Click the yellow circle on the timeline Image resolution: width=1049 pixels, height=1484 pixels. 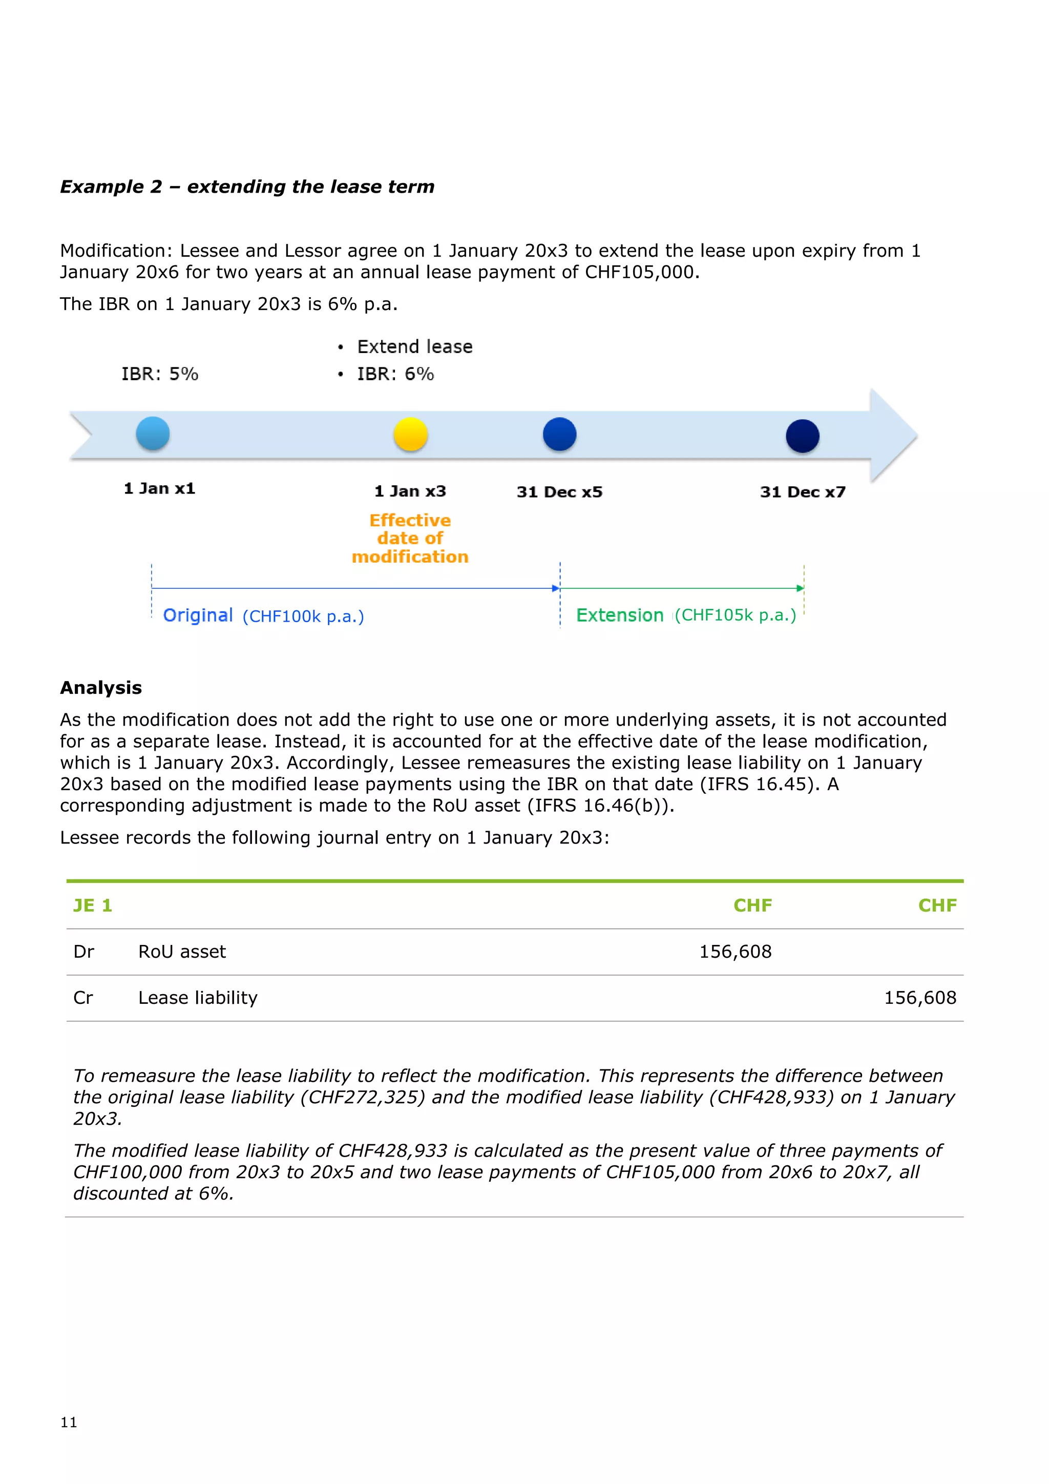tap(410, 435)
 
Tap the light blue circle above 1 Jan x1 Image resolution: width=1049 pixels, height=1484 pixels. tap(153, 433)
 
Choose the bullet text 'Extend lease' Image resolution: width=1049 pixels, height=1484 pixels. tap(415, 347)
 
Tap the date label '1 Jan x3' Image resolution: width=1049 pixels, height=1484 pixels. tap(410, 491)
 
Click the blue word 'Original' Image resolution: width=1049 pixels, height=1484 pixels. tap(198, 615)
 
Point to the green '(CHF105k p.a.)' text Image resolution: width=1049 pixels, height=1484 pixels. tap(735, 615)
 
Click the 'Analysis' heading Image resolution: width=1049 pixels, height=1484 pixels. tap(101, 688)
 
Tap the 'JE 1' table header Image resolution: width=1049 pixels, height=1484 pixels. tap(92, 905)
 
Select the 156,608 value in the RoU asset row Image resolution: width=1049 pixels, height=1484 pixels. tap(735, 952)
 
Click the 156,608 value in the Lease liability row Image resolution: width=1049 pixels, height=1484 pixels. tap(919, 998)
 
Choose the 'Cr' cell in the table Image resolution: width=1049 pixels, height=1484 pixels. tap(83, 998)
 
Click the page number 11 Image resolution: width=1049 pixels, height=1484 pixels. tap(69, 1422)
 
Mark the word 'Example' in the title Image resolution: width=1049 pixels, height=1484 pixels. tap(102, 187)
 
